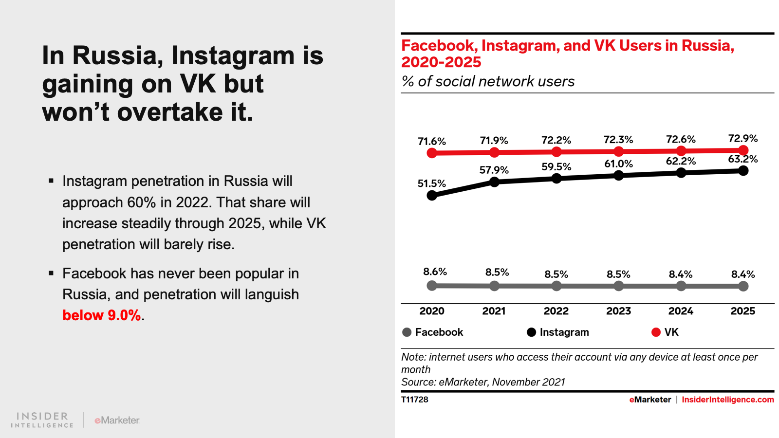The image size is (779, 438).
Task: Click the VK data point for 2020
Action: coord(432,153)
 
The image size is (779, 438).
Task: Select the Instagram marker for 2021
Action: coord(494,182)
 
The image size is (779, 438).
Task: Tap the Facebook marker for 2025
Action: coord(743,286)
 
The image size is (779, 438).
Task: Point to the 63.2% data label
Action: coord(742,159)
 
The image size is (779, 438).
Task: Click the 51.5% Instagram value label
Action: coord(431,183)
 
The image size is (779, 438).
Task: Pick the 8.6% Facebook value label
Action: coord(435,272)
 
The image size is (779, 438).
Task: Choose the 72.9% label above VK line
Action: coord(742,139)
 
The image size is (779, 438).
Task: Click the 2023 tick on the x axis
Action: coord(618,311)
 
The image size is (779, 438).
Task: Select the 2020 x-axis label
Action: coord(432,311)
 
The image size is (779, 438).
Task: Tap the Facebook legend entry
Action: coord(433,332)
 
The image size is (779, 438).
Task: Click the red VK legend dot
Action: coord(656,332)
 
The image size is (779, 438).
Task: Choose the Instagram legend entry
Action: coord(558,332)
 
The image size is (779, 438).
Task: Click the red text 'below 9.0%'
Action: coord(102,315)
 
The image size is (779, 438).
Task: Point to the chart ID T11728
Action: coord(415,400)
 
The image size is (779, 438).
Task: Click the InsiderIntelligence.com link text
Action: coord(727,400)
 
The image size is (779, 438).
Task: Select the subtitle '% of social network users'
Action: coord(488,81)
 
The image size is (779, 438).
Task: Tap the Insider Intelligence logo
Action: coord(42,420)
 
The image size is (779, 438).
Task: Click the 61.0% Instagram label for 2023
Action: coord(618,164)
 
